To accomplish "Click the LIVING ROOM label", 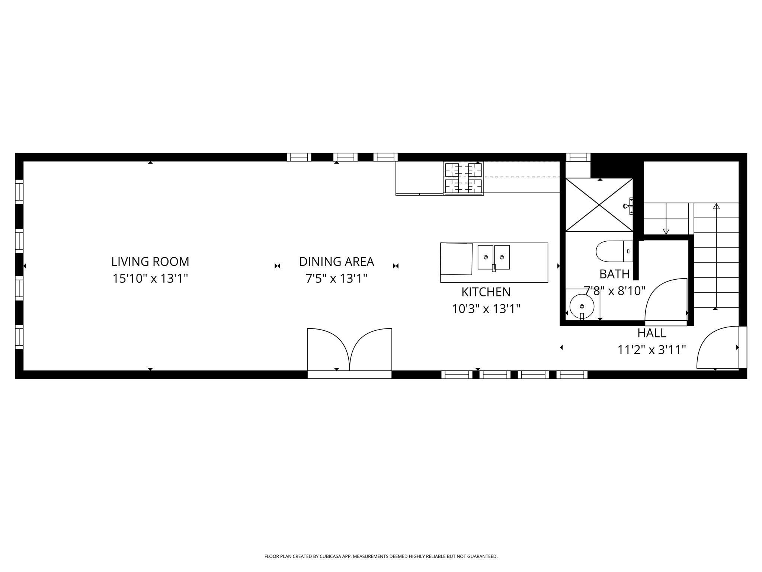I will (x=150, y=262).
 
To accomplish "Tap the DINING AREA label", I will (x=336, y=262).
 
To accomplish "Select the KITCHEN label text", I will (x=486, y=292).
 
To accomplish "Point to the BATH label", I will (x=614, y=274).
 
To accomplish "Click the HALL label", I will (x=651, y=333).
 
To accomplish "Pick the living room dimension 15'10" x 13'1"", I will (x=150, y=279).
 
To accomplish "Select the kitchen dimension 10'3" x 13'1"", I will (x=486, y=309).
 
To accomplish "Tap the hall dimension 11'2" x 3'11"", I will (x=651, y=350).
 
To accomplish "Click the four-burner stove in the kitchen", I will (x=463, y=178).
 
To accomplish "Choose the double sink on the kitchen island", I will (x=494, y=257).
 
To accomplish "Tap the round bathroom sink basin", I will (x=582, y=306).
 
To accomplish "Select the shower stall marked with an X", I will (x=599, y=205).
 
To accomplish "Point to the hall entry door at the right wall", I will (x=716, y=346).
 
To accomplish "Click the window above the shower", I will (x=578, y=157).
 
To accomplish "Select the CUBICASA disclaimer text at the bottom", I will (x=381, y=556).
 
